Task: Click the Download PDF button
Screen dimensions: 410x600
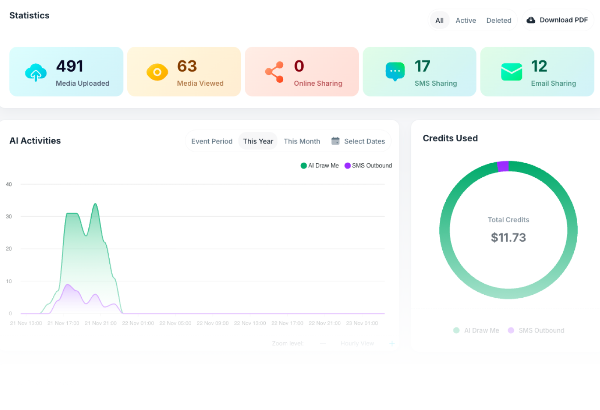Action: pyautogui.click(x=557, y=20)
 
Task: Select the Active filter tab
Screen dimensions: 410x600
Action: pyautogui.click(x=465, y=21)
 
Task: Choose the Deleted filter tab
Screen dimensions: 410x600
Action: pyautogui.click(x=498, y=21)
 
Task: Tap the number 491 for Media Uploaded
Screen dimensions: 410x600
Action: pyautogui.click(x=70, y=66)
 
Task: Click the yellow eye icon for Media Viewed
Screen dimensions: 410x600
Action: pyautogui.click(x=157, y=72)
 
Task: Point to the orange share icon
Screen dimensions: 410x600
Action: pyautogui.click(x=274, y=72)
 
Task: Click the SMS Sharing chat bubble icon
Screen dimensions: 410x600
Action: pyautogui.click(x=395, y=72)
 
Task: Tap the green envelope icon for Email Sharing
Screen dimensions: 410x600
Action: pyautogui.click(x=511, y=72)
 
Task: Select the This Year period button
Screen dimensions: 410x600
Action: pyautogui.click(x=258, y=141)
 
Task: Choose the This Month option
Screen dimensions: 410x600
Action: pyautogui.click(x=302, y=141)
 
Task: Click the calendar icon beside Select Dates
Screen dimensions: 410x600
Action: pyautogui.click(x=335, y=141)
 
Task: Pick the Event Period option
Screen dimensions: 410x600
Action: pyautogui.click(x=212, y=141)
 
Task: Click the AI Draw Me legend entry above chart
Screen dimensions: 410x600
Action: pyautogui.click(x=320, y=166)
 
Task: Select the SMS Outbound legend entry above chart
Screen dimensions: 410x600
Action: pyautogui.click(x=368, y=166)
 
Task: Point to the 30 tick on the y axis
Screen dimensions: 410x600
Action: pyautogui.click(x=9, y=217)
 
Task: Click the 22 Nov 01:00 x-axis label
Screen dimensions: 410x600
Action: pyautogui.click(x=138, y=323)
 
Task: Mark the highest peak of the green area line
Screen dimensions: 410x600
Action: pyautogui.click(x=95, y=204)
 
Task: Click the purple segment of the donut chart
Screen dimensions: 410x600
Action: pyautogui.click(x=503, y=166)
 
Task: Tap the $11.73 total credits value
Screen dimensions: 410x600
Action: pyautogui.click(x=508, y=237)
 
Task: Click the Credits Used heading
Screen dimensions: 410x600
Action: pyautogui.click(x=450, y=138)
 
